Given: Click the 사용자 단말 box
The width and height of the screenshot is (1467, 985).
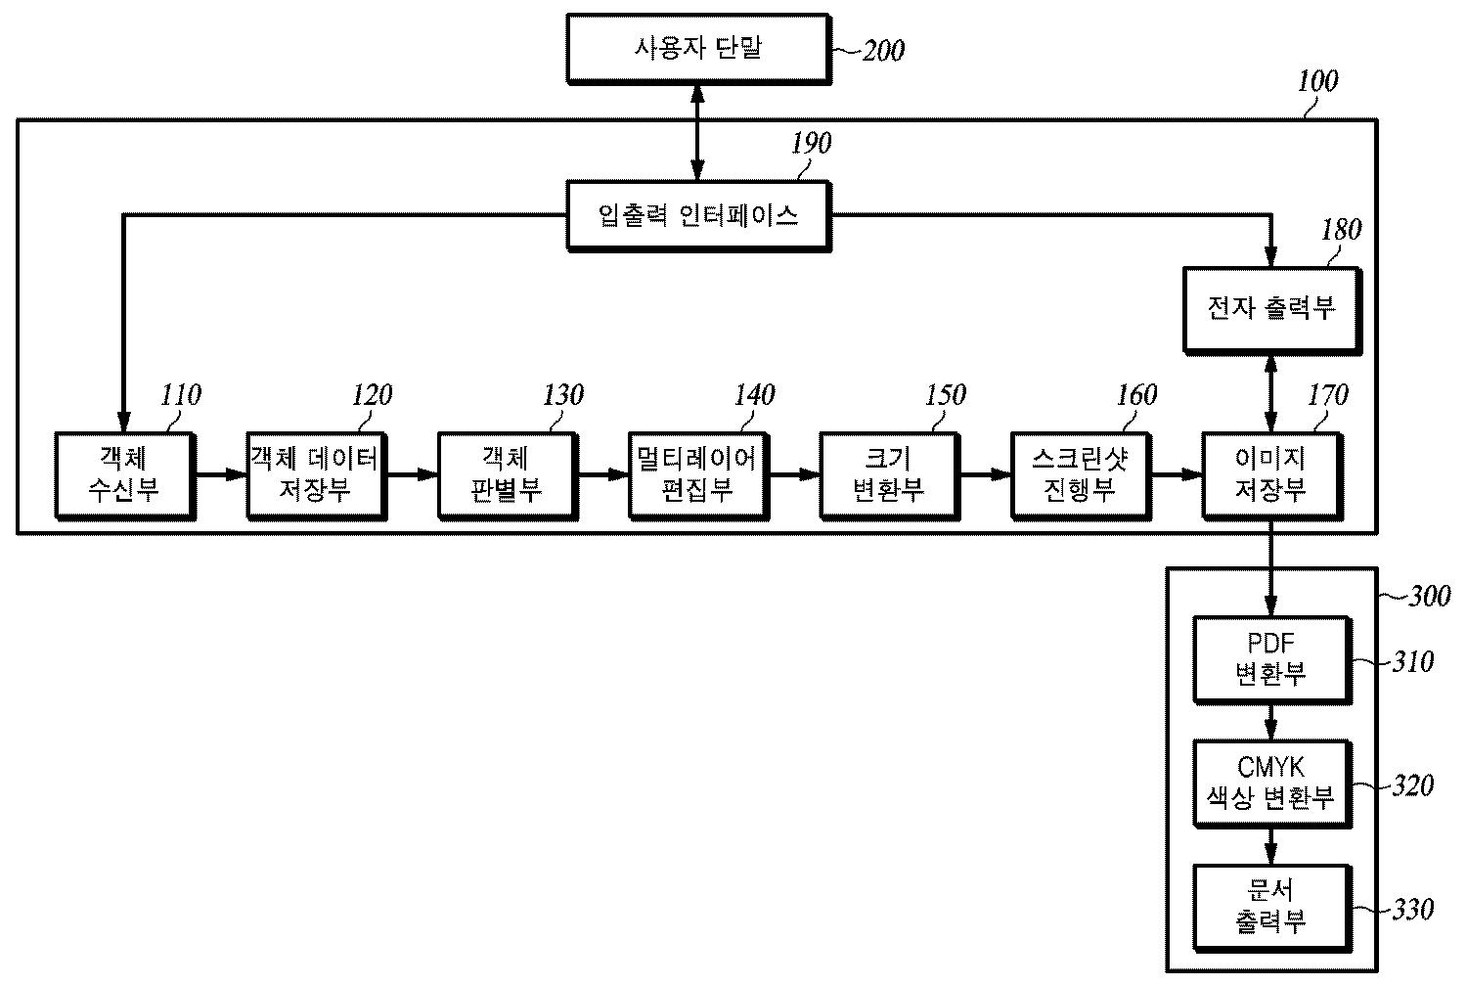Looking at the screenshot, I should tap(697, 47).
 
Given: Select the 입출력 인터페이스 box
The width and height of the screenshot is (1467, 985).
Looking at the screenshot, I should tap(697, 215).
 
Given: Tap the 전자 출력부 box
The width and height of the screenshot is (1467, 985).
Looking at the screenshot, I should tap(1270, 308).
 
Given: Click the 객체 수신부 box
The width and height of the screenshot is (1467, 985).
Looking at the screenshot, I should tap(124, 473).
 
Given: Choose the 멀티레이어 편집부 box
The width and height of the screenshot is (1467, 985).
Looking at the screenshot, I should tap(697, 473).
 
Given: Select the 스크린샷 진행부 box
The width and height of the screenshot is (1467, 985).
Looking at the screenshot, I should tap(1080, 473).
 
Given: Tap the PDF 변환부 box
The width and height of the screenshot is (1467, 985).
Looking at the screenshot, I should tap(1270, 659).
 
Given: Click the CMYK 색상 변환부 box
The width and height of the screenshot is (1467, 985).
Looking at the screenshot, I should tap(1270, 784).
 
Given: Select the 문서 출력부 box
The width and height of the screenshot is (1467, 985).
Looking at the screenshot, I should tap(1270, 907).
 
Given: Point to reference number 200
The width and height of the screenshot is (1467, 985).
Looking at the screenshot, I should tap(882, 50).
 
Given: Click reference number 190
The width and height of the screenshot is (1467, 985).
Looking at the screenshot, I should tap(811, 143).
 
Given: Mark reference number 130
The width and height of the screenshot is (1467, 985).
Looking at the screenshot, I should tap(562, 395).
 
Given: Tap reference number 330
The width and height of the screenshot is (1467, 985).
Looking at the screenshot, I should tap(1412, 910).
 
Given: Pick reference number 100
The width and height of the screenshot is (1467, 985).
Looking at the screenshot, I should tap(1317, 81).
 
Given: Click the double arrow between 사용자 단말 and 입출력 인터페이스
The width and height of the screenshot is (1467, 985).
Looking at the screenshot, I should tap(697, 132).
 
